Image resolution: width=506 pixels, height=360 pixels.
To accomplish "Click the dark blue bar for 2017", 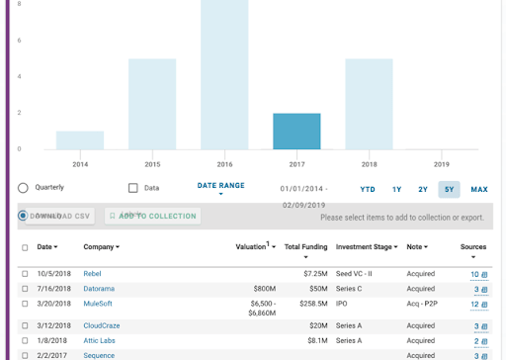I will point(296,132).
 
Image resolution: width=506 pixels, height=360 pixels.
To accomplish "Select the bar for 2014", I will point(80,140).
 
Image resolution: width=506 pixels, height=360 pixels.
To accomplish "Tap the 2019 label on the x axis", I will point(441,164).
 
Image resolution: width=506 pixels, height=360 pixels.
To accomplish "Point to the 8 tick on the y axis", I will point(19,4).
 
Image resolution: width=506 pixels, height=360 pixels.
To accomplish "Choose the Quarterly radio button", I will point(23,188).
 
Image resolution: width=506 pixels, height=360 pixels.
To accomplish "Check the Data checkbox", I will point(133,188).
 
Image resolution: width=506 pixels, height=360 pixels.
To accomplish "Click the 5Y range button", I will point(449,189).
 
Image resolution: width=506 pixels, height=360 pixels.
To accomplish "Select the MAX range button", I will point(479,189).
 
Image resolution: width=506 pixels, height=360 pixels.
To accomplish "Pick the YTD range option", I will point(368,189).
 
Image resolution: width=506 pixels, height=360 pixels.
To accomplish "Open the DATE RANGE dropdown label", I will point(220,185).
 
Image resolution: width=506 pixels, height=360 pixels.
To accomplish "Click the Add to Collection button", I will point(152,216).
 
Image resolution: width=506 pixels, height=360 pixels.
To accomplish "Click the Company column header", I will point(101,246).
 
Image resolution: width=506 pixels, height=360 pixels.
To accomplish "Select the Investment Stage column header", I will point(367,246).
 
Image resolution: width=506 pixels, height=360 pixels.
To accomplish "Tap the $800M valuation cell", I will point(264,289).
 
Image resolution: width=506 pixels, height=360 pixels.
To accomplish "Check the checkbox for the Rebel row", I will point(25,274).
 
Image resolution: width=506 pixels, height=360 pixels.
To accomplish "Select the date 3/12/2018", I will point(53,325).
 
